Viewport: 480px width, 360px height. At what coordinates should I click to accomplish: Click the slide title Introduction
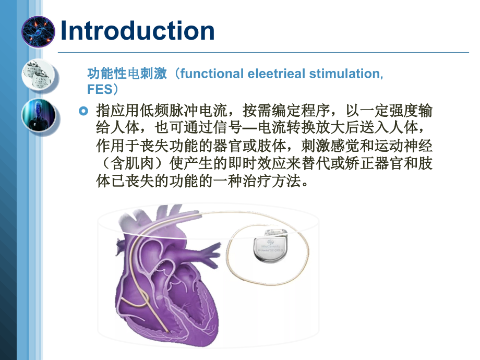click(x=138, y=31)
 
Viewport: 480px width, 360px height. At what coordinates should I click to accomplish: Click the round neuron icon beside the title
click(x=38, y=31)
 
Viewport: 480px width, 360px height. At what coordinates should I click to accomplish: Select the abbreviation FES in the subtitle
click(x=100, y=89)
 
